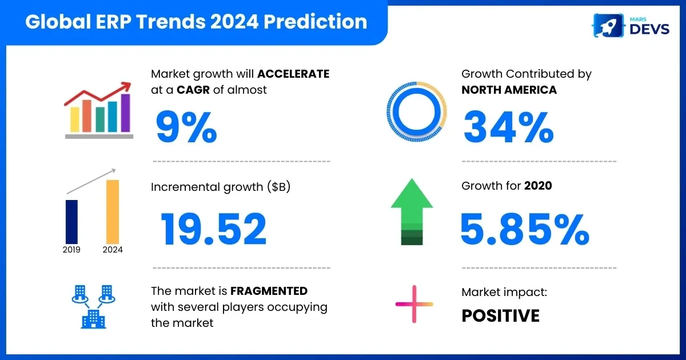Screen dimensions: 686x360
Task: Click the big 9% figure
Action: (186, 127)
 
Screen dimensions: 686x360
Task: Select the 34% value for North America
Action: (509, 127)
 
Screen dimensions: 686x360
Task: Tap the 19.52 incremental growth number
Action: (213, 229)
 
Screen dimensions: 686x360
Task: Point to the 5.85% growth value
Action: (525, 229)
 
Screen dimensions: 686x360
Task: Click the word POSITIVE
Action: (500, 315)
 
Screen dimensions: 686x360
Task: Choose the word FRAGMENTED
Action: (269, 291)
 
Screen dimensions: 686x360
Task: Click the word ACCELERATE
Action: (293, 74)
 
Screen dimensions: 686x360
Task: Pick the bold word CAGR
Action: (193, 90)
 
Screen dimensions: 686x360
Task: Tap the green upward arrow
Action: (412, 211)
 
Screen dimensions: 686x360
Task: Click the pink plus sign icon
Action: (414, 304)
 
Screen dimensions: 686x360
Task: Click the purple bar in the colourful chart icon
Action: (126, 113)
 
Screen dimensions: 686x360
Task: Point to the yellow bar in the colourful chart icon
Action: (75, 119)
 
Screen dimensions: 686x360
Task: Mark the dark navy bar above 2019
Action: (71, 222)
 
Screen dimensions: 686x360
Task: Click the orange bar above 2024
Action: (113, 212)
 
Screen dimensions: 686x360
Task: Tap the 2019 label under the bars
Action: (71, 250)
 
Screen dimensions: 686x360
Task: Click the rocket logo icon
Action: (608, 26)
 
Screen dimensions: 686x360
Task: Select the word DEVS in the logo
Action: (649, 29)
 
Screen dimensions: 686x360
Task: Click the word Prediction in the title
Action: (315, 22)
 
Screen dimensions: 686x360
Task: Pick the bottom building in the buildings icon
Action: (93, 319)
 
